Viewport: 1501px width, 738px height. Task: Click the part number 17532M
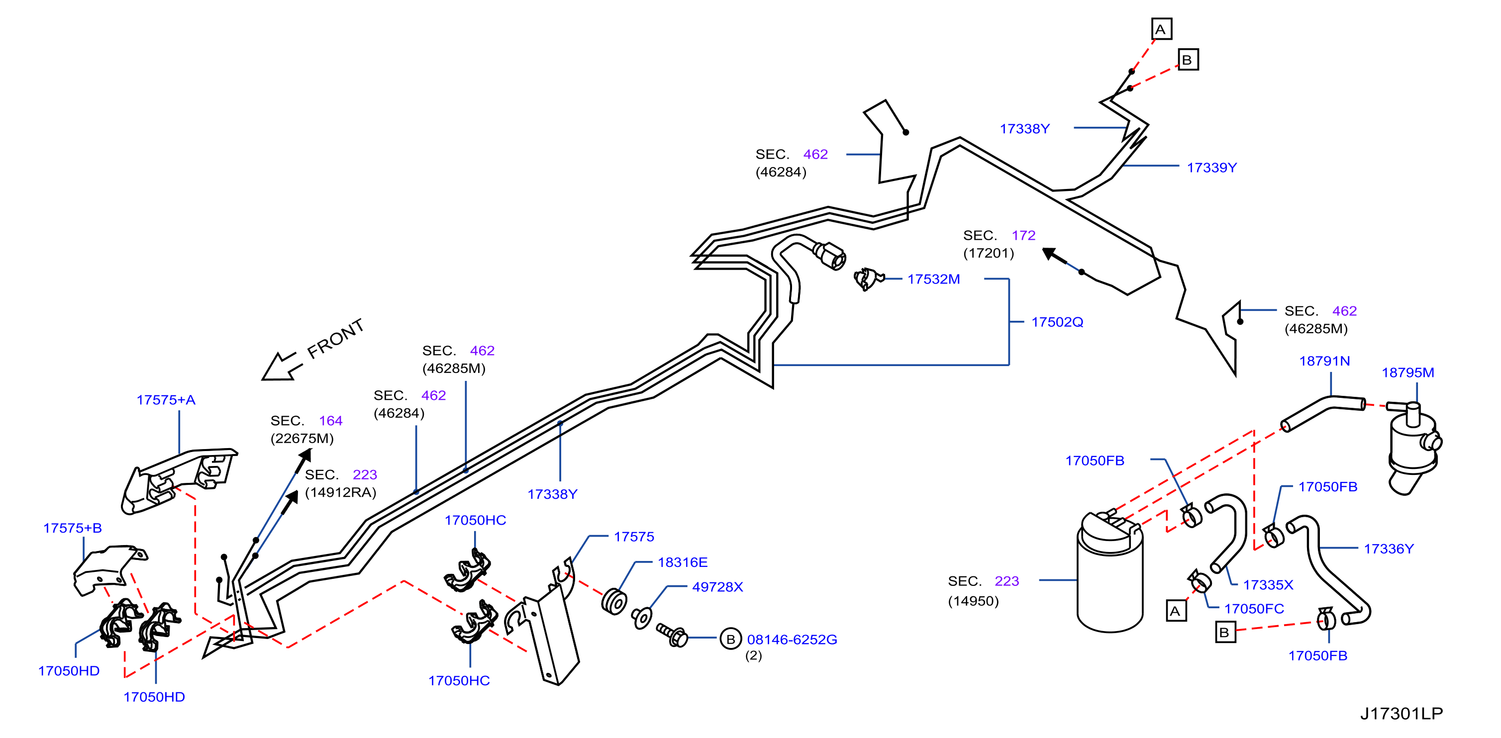click(x=933, y=279)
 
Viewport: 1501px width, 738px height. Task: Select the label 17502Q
click(x=1057, y=322)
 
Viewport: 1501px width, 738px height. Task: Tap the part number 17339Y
click(x=1212, y=168)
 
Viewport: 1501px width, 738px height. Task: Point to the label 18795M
click(x=1408, y=373)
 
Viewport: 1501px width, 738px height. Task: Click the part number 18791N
click(x=1324, y=361)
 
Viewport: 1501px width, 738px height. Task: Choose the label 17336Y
click(x=1389, y=549)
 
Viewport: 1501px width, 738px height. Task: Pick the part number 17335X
click(x=1268, y=585)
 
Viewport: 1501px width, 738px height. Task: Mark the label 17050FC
click(x=1254, y=609)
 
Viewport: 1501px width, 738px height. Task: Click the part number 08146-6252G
click(x=792, y=640)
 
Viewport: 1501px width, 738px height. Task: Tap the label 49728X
click(x=717, y=587)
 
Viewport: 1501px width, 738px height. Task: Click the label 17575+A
click(x=166, y=400)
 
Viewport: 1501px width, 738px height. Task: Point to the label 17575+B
click(x=72, y=528)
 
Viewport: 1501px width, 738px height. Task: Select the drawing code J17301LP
click(x=1401, y=714)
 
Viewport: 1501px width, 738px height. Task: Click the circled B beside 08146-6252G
click(x=730, y=639)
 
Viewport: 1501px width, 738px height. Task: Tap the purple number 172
click(x=1024, y=235)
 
